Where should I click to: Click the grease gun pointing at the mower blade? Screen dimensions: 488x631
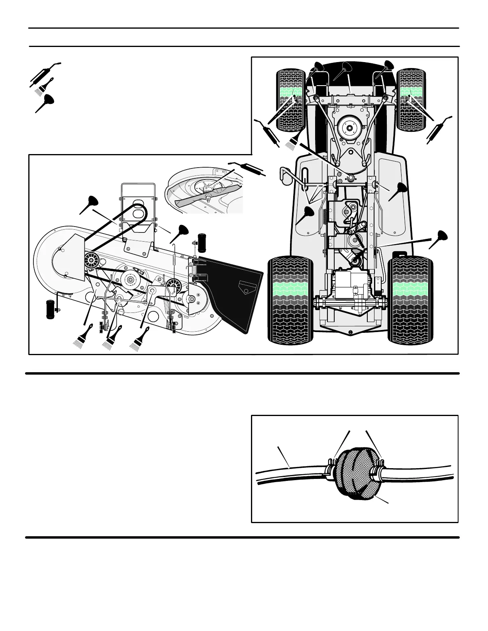(247, 167)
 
